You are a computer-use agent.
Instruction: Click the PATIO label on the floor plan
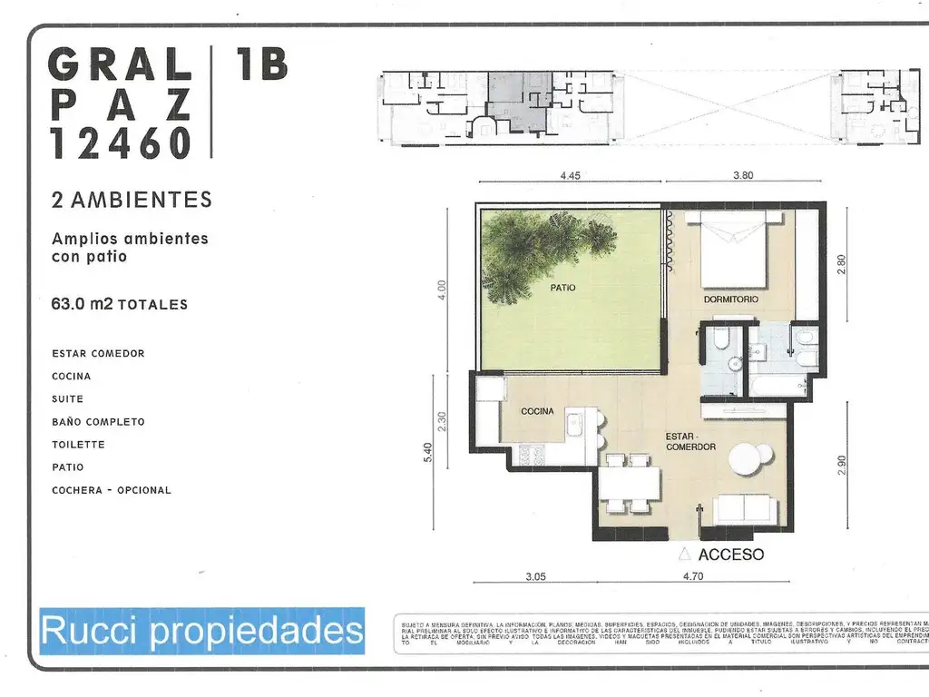click(x=562, y=288)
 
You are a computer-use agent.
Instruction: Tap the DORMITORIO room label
click(x=730, y=299)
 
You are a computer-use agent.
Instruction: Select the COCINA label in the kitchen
click(x=537, y=411)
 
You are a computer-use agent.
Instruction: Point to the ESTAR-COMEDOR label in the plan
click(x=690, y=440)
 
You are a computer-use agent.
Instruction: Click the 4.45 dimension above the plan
click(x=569, y=177)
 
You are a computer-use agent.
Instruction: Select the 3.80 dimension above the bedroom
click(x=742, y=177)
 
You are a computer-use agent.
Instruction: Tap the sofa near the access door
click(x=745, y=509)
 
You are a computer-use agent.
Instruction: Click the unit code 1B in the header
click(x=261, y=64)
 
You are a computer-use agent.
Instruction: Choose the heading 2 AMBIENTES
click(x=132, y=200)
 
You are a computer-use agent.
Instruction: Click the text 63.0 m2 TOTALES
click(x=120, y=304)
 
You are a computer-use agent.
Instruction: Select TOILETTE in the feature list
click(x=78, y=445)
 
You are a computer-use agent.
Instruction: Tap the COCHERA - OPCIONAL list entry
click(x=112, y=490)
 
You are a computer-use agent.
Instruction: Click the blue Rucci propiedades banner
click(x=201, y=631)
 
